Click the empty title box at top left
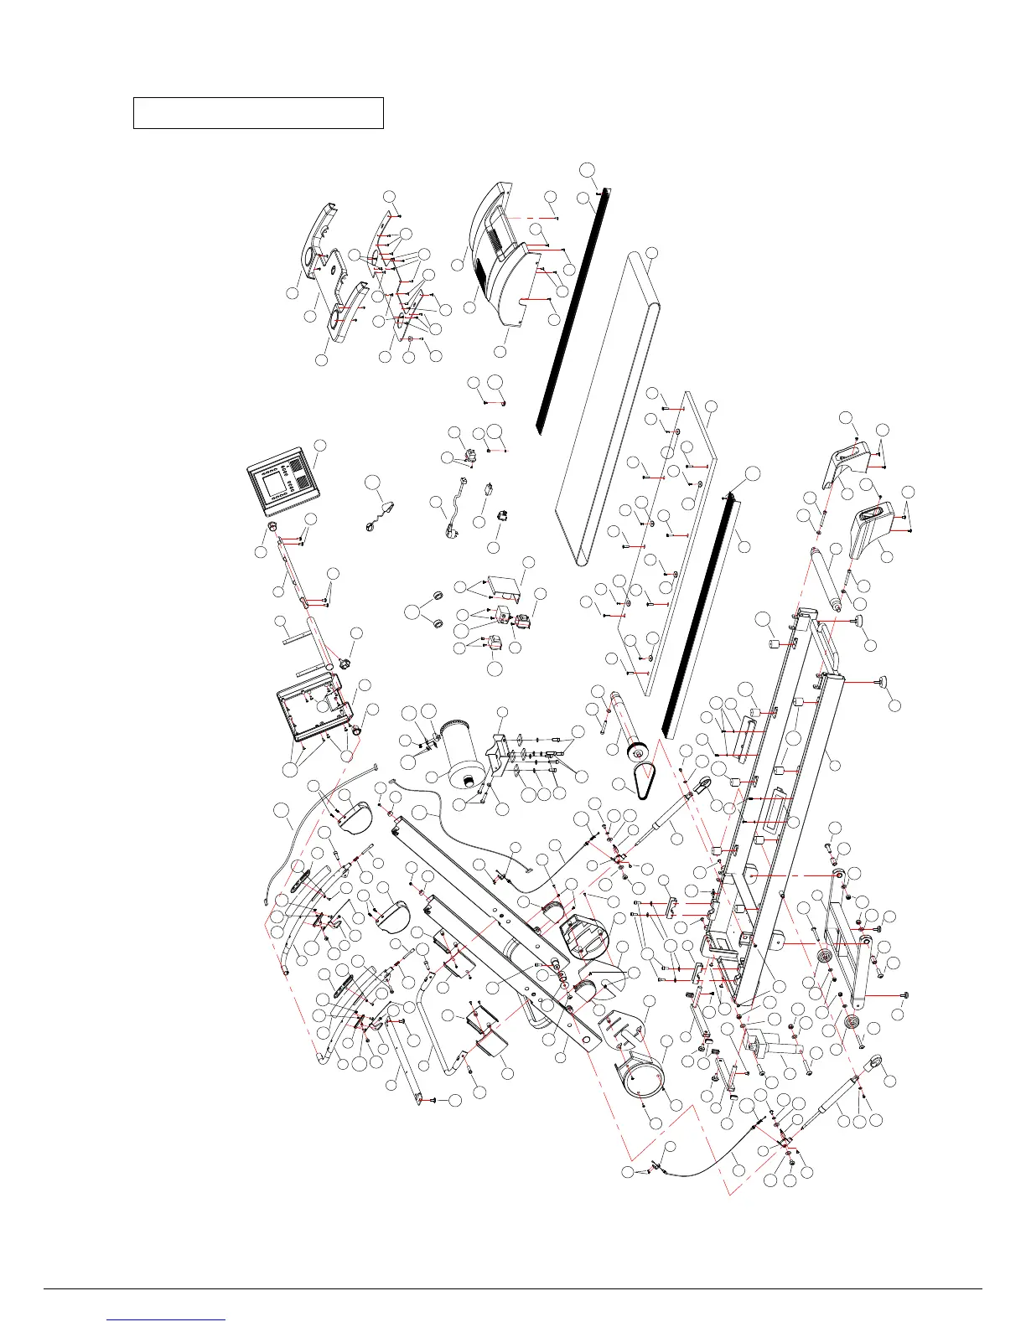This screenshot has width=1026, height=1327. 258,112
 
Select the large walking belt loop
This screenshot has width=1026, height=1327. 605,406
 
